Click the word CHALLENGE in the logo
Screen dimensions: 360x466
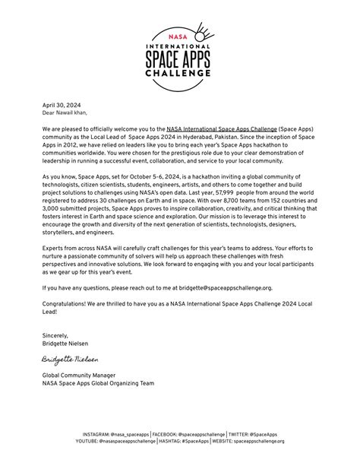(179, 74)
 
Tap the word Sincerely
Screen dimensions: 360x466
(55, 335)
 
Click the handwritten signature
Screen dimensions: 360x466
(70, 357)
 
